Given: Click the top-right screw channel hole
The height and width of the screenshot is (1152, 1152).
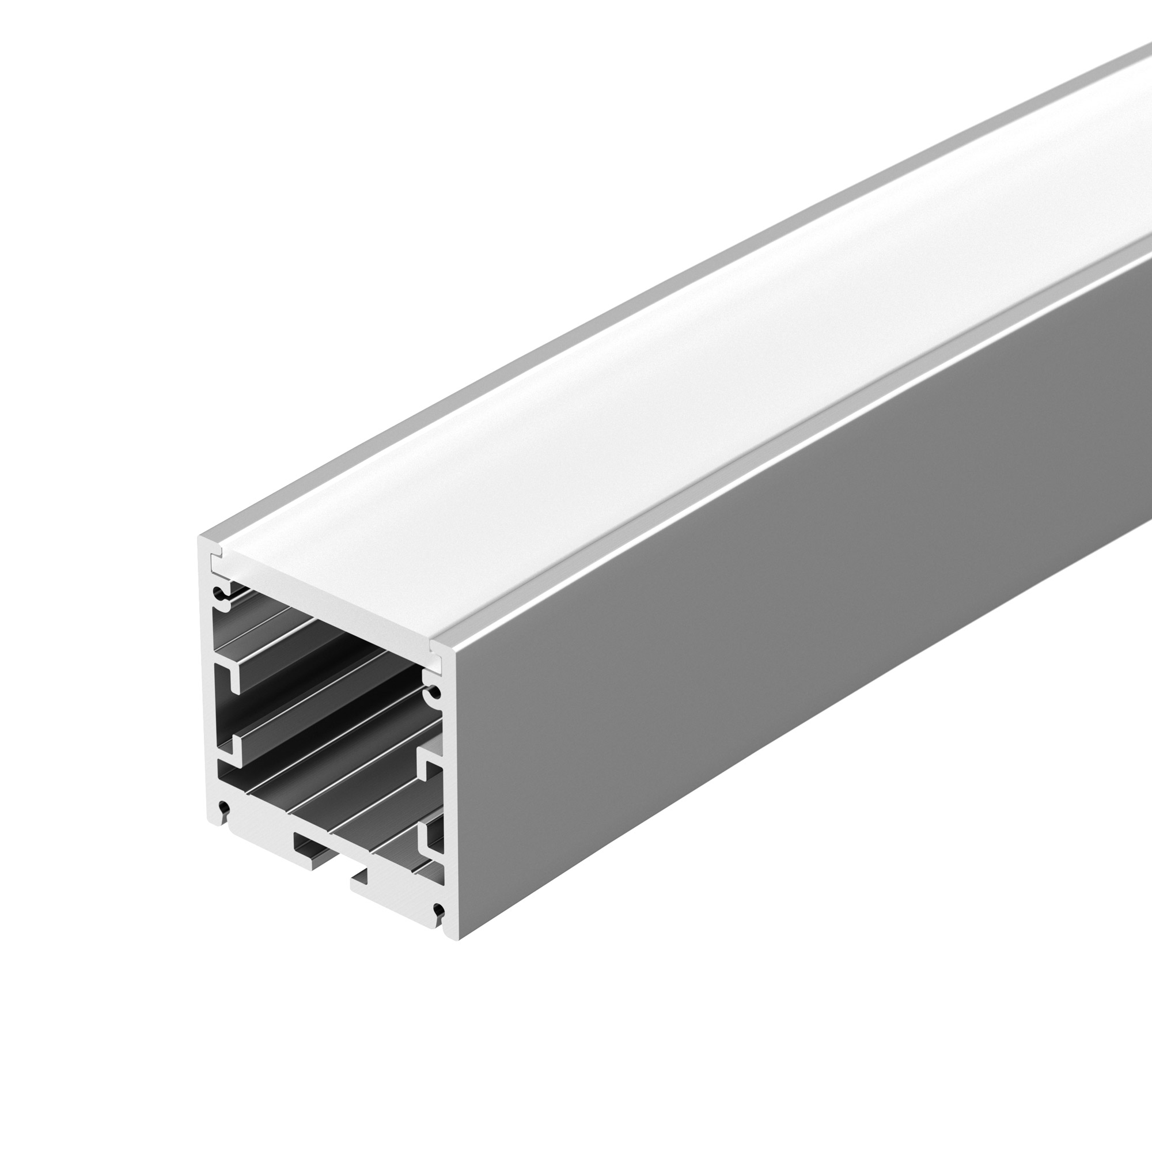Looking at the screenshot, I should point(434,693).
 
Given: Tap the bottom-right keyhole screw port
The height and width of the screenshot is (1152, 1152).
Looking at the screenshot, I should point(439,911).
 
